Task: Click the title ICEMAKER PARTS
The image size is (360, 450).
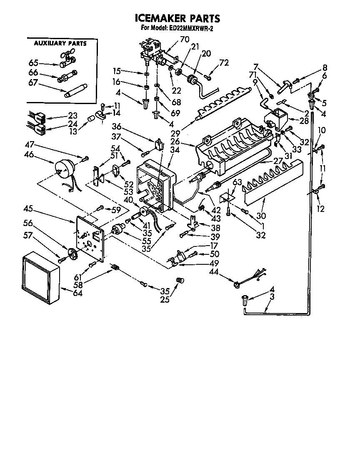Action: point(177,19)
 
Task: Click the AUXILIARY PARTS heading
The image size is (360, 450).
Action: point(60,43)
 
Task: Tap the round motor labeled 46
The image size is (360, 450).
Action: point(64,169)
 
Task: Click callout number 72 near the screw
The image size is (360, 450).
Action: point(224,63)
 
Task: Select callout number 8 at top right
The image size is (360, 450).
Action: point(325,67)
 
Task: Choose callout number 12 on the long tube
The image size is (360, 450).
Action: point(320,209)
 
